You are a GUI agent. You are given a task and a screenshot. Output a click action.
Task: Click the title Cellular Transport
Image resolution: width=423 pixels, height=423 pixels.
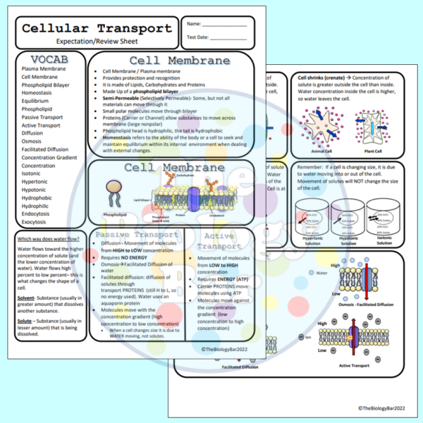(96, 28)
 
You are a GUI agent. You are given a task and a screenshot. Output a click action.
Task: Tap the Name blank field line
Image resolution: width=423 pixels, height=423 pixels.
(223, 26)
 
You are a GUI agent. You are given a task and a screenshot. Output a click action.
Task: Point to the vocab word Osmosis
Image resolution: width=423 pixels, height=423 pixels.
(32, 141)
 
